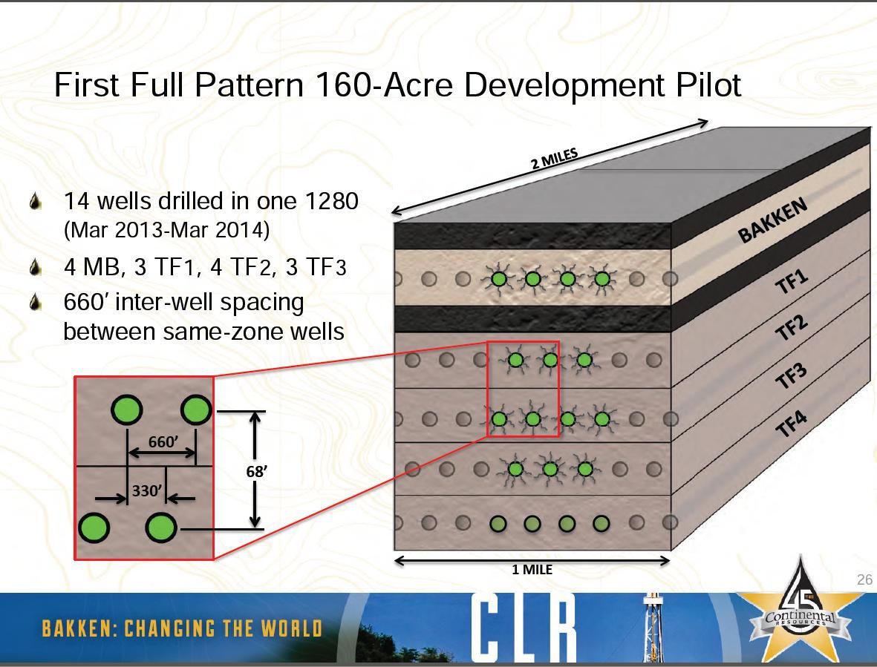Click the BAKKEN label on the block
pos(773,220)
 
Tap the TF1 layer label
pos(792,280)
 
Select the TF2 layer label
pos(792,326)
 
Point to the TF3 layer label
pos(791,374)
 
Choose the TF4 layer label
pos(792,423)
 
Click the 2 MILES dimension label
pos(554,159)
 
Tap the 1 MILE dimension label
pos(532,569)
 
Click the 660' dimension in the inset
pos(163,442)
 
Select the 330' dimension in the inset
pos(147,490)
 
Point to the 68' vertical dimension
pos(257,471)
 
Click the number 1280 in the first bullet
pos(332,201)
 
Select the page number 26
pos(864,579)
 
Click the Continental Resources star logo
pos(801,609)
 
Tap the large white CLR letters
pos(524,627)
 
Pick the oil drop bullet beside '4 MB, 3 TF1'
pos(36,267)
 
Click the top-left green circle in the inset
pos(126,410)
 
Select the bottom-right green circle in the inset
pos(161,528)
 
